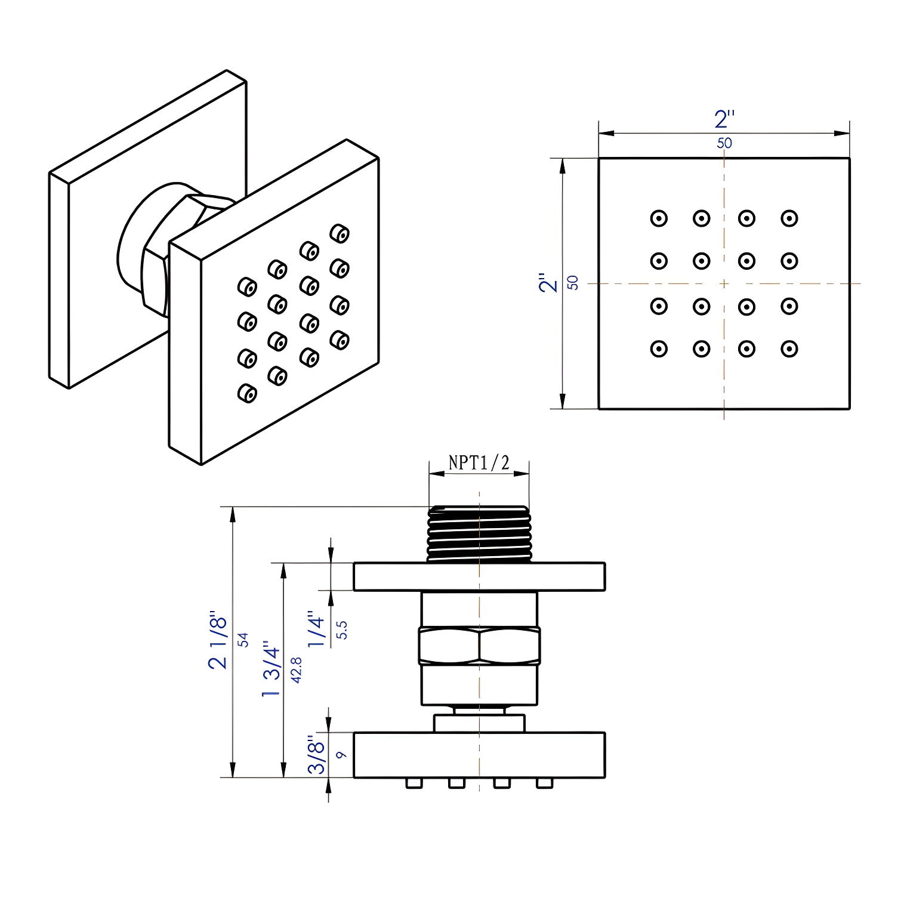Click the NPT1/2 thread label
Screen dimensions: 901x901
click(479, 462)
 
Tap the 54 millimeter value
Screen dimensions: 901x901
click(243, 640)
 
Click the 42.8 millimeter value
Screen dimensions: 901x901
click(296, 669)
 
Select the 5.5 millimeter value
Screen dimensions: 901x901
click(341, 630)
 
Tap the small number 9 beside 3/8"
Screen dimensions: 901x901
click(341, 755)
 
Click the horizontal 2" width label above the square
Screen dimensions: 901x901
click(724, 119)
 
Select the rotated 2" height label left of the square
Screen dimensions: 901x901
click(548, 283)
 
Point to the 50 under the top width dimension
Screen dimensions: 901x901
click(724, 143)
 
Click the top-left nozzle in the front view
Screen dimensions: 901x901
click(659, 218)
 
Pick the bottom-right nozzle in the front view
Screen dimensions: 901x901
click(789, 348)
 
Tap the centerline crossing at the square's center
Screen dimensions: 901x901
click(724, 283)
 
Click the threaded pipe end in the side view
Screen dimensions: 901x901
click(479, 534)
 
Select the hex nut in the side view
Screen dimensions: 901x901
click(479, 646)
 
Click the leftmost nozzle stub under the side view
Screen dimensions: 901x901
click(414, 783)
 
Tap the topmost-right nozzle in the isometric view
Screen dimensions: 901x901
click(340, 233)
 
